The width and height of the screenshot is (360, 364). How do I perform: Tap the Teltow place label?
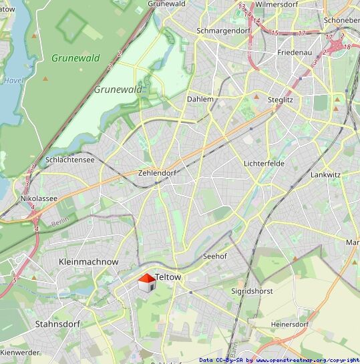pyautogui.click(x=168, y=277)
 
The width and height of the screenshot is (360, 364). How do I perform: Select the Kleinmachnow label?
pyautogui.click(x=88, y=262)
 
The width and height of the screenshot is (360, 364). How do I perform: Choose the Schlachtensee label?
pyautogui.click(x=70, y=160)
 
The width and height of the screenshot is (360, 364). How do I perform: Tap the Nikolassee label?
pyautogui.click(x=39, y=198)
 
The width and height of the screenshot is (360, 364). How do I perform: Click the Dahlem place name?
pyautogui.click(x=200, y=99)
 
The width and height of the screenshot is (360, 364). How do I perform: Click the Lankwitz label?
pyautogui.click(x=326, y=174)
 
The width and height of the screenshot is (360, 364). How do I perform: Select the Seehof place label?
pyautogui.click(x=214, y=256)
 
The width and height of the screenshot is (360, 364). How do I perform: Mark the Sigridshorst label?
pyautogui.click(x=252, y=292)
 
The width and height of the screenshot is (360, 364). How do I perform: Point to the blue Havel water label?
pyautogui.click(x=13, y=80)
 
